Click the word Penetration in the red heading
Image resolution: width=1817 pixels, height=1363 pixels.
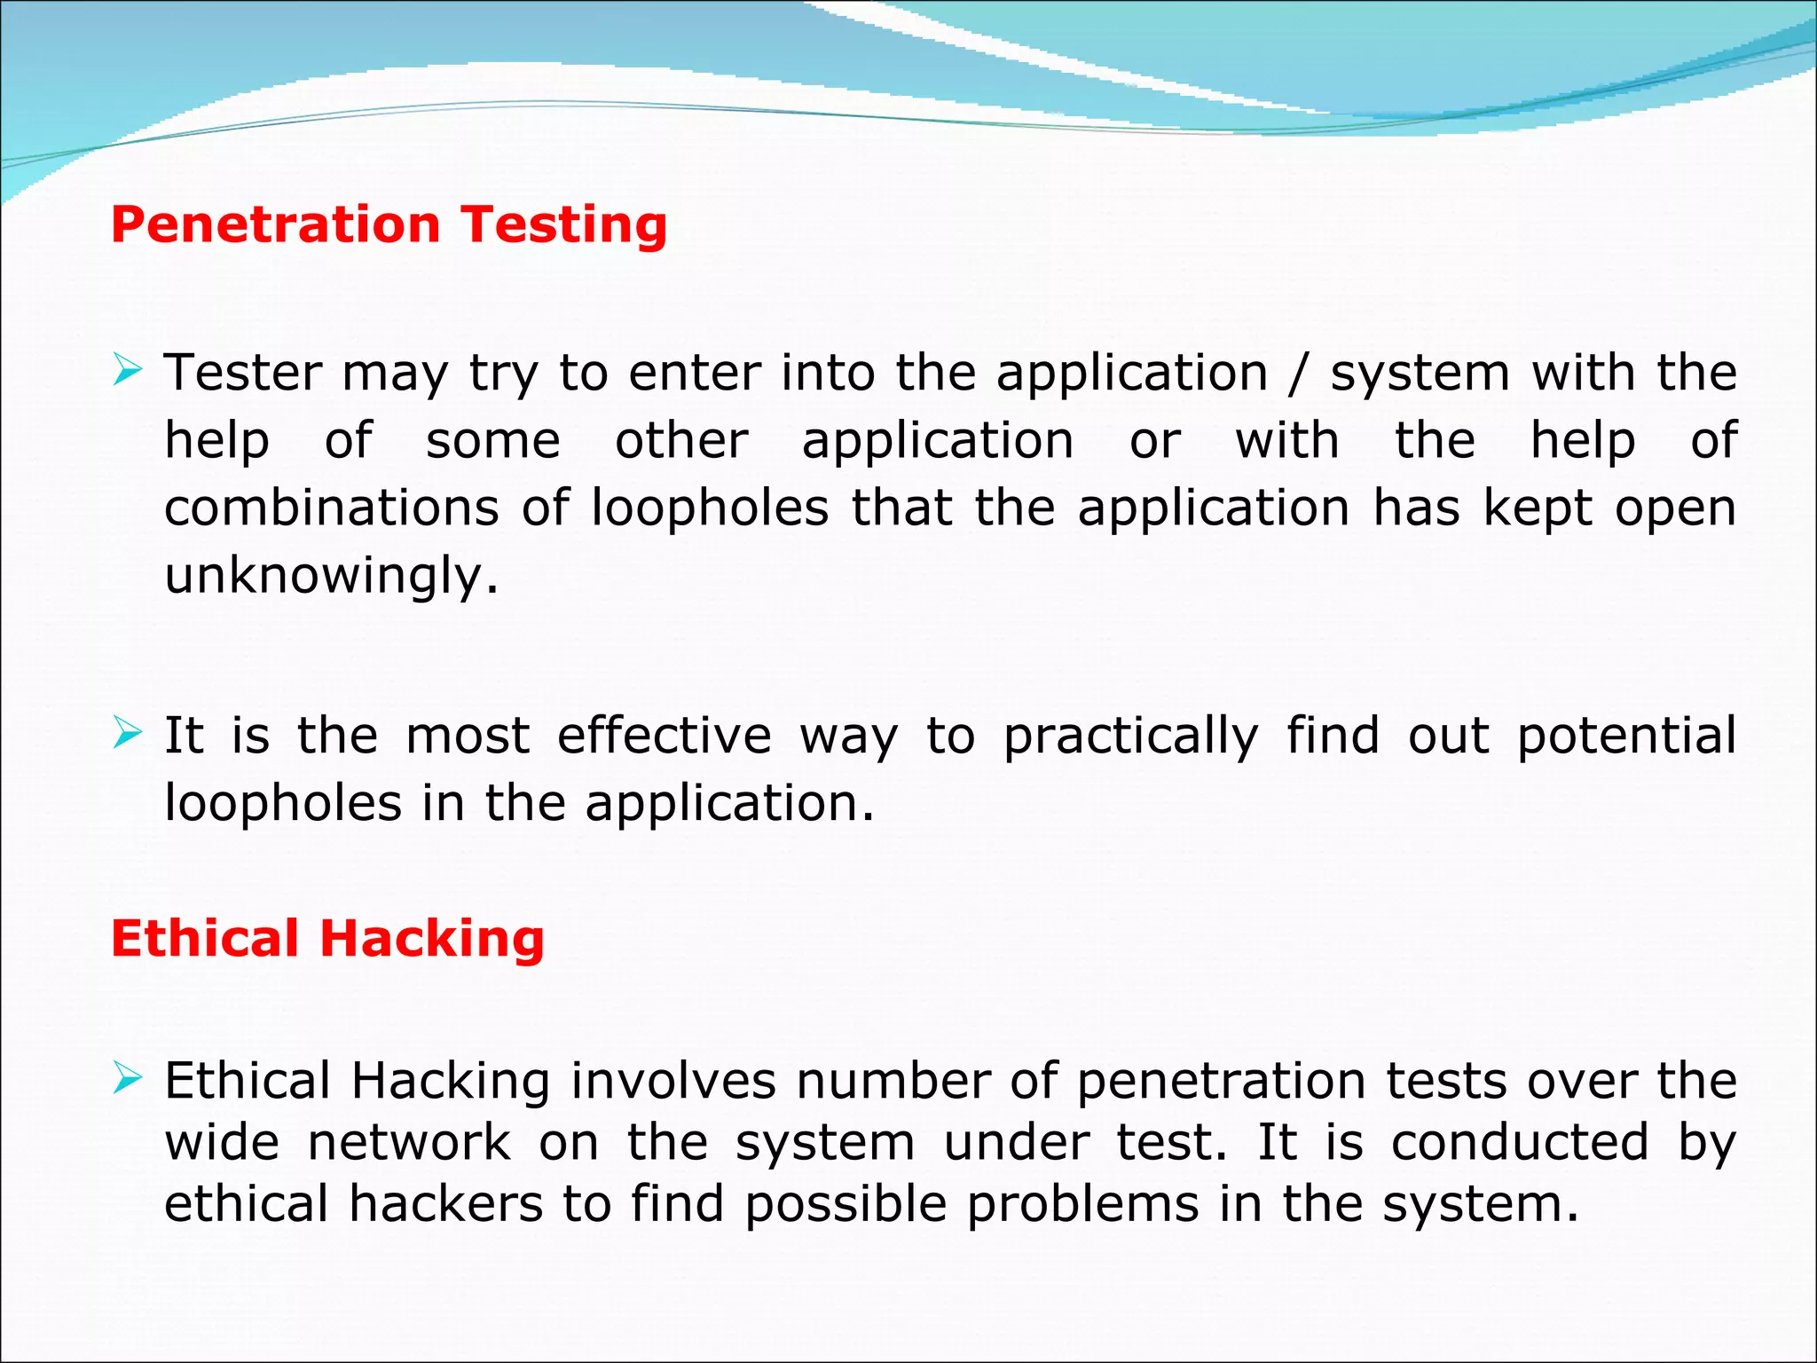[275, 225]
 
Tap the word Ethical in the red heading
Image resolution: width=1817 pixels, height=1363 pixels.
[204, 939]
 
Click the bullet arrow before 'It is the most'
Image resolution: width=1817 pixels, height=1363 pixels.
[128, 733]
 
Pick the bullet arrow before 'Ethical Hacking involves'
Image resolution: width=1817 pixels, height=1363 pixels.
[128, 1078]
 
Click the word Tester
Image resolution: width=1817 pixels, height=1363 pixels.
[242, 373]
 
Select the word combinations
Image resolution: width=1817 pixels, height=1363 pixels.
[332, 508]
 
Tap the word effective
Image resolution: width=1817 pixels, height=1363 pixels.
[665, 736]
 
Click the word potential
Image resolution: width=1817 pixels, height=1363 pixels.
[1626, 737]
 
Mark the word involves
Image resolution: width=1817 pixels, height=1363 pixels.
[673, 1082]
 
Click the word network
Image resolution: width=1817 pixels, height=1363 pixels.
[409, 1143]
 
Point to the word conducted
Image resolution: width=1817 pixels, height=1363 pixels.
[1520, 1143]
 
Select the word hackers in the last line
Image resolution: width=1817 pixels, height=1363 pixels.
[445, 1204]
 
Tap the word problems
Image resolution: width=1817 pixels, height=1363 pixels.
[1082, 1206]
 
